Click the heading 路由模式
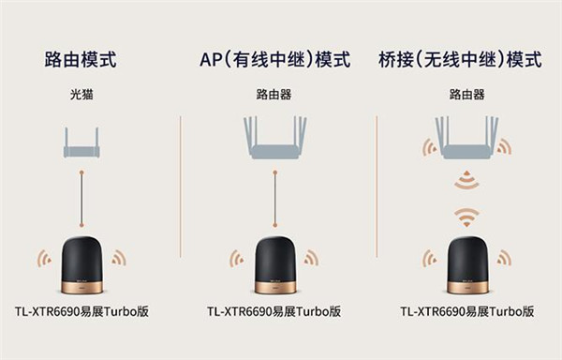[x=81, y=59]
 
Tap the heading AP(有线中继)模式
[x=274, y=59]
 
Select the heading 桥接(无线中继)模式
[x=460, y=59]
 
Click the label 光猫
[x=81, y=95]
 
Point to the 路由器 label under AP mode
[x=274, y=95]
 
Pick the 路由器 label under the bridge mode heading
[x=467, y=95]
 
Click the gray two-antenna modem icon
[x=81, y=142]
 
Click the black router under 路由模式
[x=82, y=265]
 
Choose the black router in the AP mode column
[x=275, y=265]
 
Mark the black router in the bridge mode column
[x=467, y=265]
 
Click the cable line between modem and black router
[x=81, y=199]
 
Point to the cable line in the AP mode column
[x=274, y=199]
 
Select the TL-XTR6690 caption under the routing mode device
[x=81, y=311]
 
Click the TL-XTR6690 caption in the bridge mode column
[x=467, y=311]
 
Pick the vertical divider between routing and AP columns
[x=180, y=187]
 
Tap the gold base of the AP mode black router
[x=275, y=287]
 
